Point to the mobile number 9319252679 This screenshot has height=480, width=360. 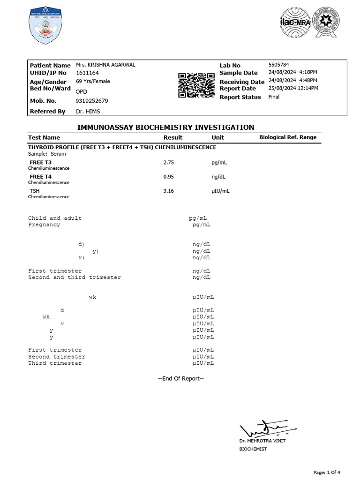(x=91, y=101)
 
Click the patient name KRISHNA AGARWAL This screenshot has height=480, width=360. (x=105, y=65)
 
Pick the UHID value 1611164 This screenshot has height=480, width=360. (x=87, y=73)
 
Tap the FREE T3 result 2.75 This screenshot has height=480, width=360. (x=168, y=162)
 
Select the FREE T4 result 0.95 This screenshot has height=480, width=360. (x=168, y=177)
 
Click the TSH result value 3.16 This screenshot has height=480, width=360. (x=168, y=191)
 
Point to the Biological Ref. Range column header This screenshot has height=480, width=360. (x=288, y=137)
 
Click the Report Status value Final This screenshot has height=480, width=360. (x=274, y=97)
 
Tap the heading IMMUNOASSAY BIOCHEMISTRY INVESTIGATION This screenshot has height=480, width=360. (x=165, y=127)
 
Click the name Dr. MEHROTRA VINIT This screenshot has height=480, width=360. (x=262, y=441)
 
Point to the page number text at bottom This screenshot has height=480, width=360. (x=327, y=472)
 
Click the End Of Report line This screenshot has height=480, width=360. (x=180, y=379)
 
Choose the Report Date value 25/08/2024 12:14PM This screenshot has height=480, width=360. (x=293, y=88)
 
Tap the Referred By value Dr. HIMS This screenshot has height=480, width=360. (x=88, y=112)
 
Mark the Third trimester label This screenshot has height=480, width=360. (x=55, y=363)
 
